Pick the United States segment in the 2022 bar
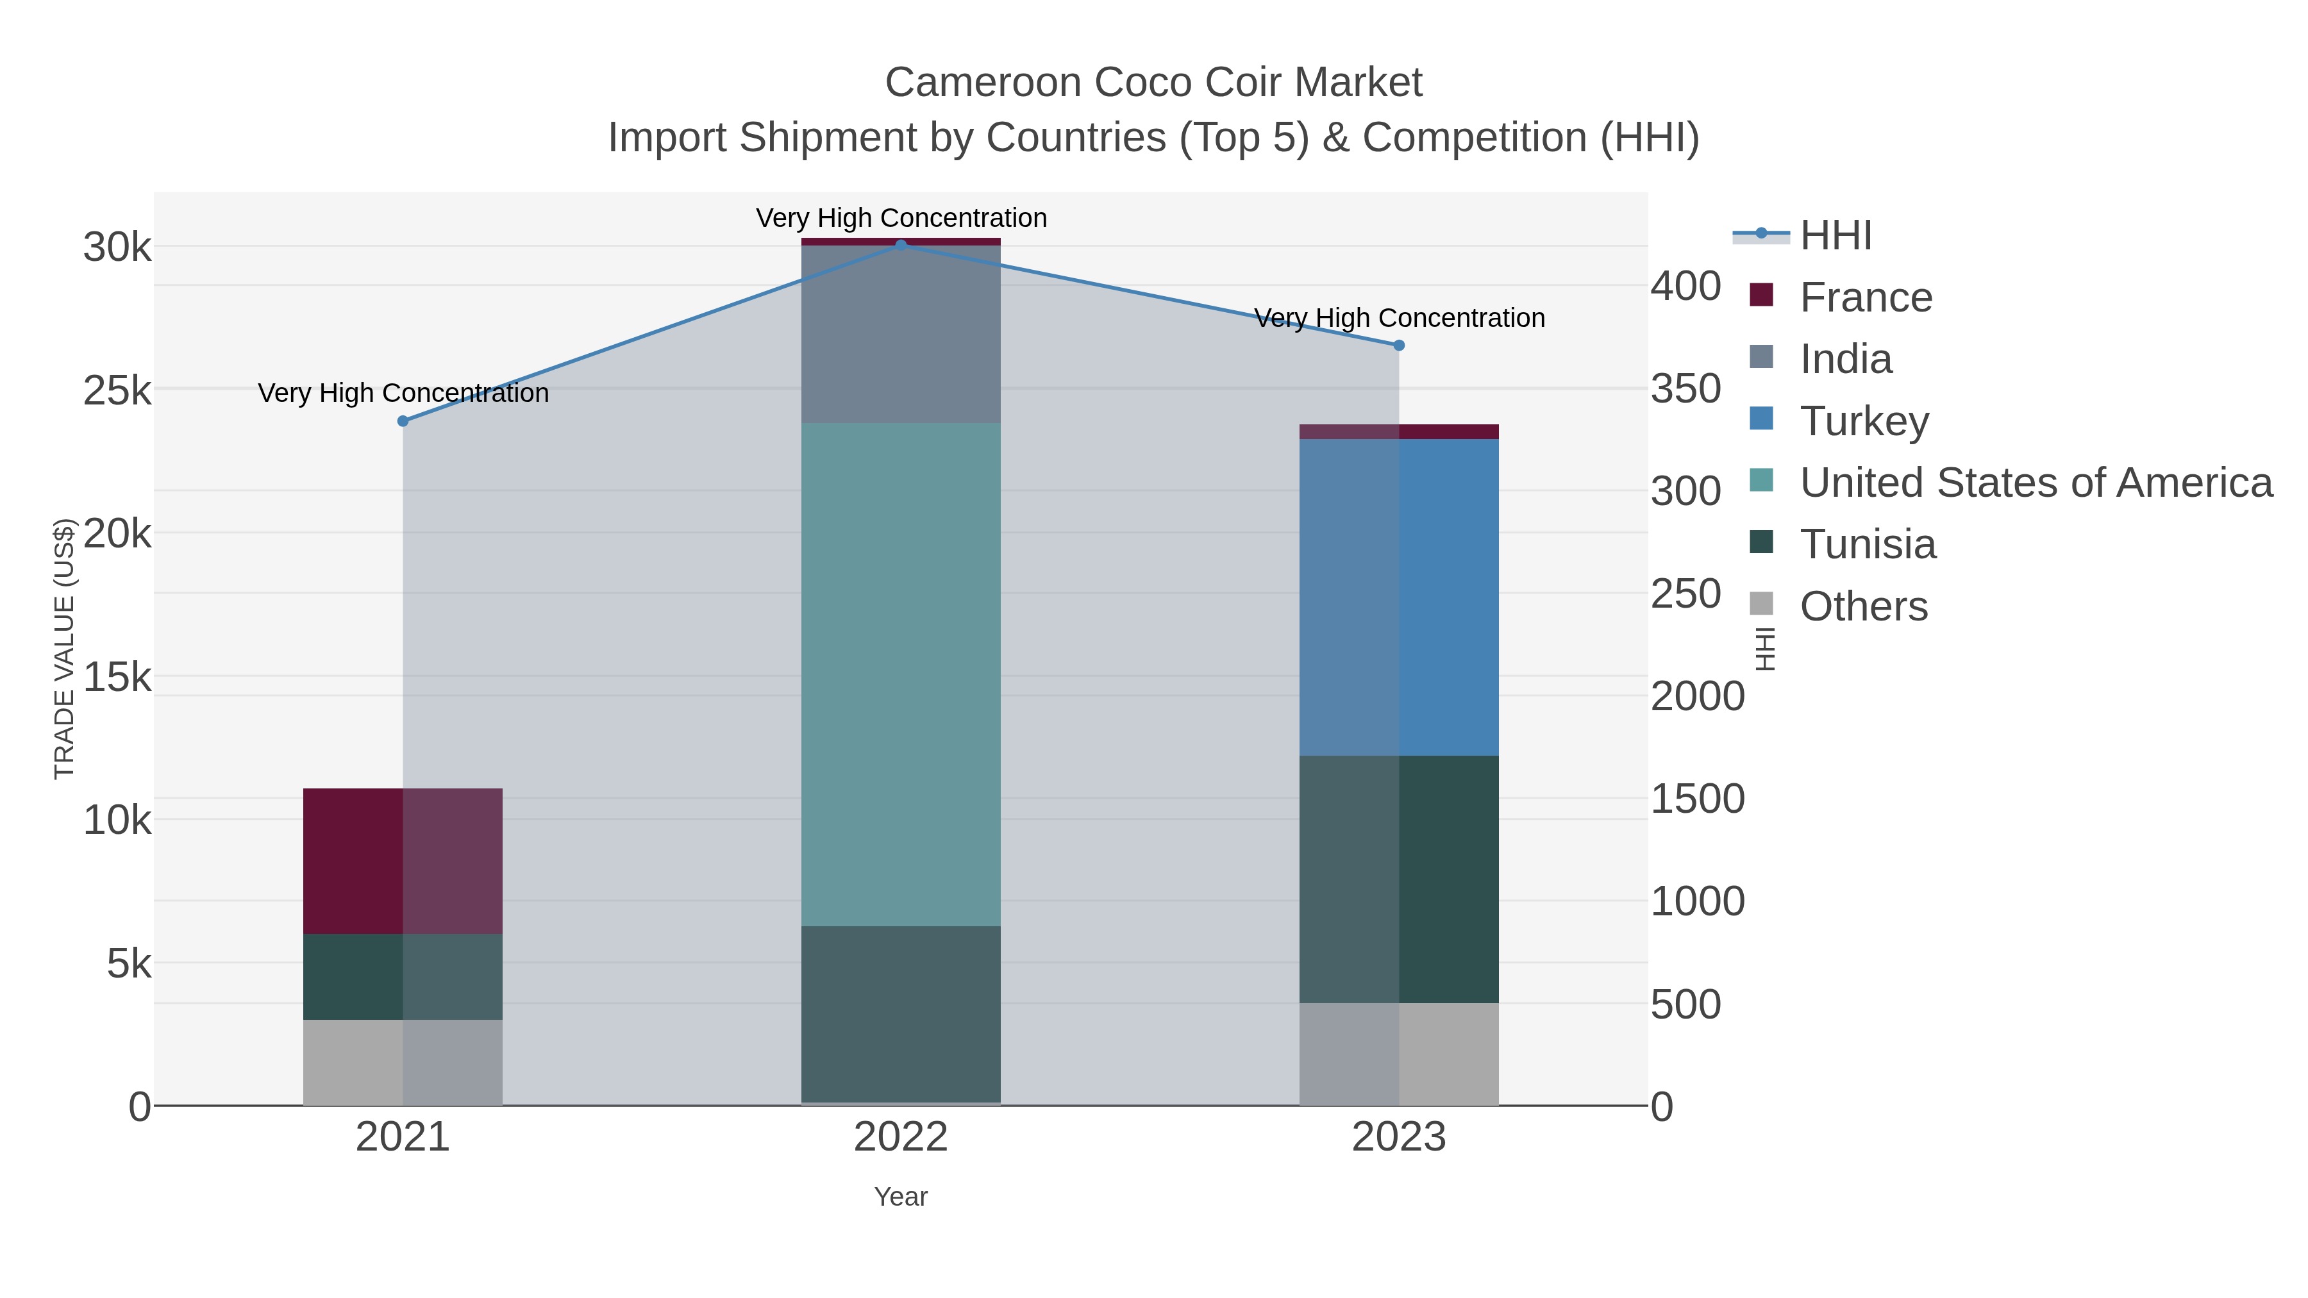(x=901, y=674)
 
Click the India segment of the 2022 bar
(x=901, y=334)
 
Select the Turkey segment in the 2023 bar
(x=1399, y=597)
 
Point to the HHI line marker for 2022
(x=901, y=245)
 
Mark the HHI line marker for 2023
(x=1399, y=345)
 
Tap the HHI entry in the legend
(x=1835, y=235)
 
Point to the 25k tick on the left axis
(x=117, y=390)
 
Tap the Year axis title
(x=901, y=1197)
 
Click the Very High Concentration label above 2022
(x=901, y=218)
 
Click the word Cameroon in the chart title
(x=983, y=83)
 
